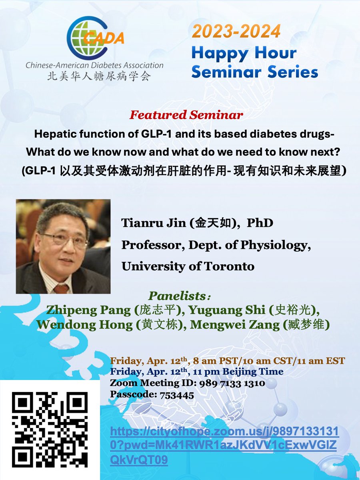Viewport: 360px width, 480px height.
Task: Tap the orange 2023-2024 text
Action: [x=236, y=31]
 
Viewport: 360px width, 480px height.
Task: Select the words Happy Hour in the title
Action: [x=244, y=52]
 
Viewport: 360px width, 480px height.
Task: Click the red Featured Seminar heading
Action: [x=186, y=115]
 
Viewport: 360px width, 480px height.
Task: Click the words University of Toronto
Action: [x=188, y=266]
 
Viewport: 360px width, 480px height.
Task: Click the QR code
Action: [x=50, y=430]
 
